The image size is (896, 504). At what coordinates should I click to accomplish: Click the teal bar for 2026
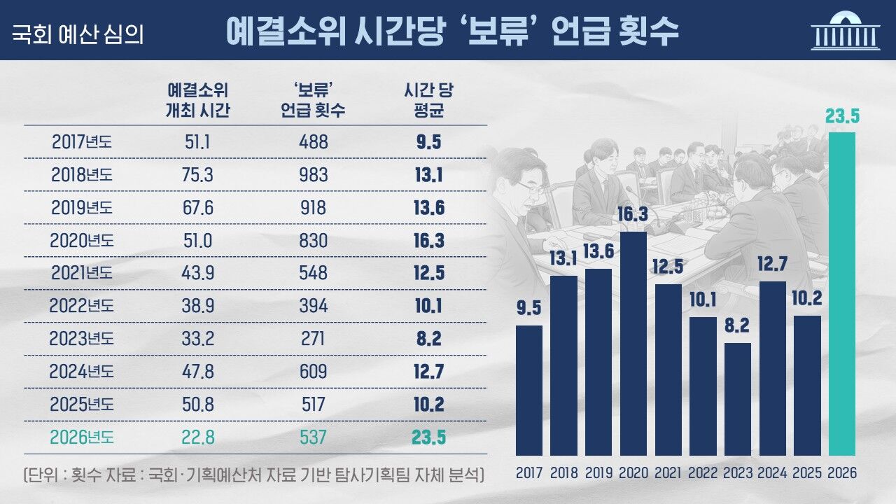coord(842,294)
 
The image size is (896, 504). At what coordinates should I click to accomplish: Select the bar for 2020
coord(633,343)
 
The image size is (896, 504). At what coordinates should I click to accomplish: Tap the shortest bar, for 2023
coord(737,399)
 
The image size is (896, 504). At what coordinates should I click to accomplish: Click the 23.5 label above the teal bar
coord(842,116)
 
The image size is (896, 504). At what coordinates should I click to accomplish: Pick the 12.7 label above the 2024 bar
coord(773,266)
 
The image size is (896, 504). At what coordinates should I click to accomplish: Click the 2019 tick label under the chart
coord(598,473)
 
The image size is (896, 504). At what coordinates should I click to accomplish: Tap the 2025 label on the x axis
coord(807,473)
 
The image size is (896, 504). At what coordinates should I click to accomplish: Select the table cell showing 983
coord(313,174)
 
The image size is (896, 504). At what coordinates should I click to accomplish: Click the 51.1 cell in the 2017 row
coord(198,141)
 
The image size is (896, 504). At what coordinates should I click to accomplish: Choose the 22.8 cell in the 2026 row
coord(198,437)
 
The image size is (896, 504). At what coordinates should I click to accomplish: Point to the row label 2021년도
coord(81,273)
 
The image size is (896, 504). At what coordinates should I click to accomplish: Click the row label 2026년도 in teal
coord(81,437)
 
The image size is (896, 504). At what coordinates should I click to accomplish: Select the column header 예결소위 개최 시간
coord(198,100)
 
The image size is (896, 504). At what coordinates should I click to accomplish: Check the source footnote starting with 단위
coord(253,475)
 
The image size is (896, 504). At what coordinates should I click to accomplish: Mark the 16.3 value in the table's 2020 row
coord(428,240)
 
